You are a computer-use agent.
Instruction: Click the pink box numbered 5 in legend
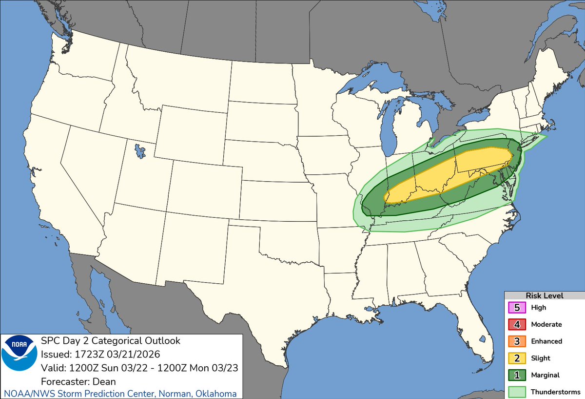[517, 308]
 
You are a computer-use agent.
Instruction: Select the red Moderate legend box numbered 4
[517, 324]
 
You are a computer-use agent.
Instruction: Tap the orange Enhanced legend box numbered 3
[517, 341]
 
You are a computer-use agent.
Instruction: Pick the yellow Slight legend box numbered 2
[517, 358]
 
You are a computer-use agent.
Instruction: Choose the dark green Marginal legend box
[517, 375]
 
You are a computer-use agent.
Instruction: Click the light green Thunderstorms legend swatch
[517, 391]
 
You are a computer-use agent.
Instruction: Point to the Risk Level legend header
[544, 295]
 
